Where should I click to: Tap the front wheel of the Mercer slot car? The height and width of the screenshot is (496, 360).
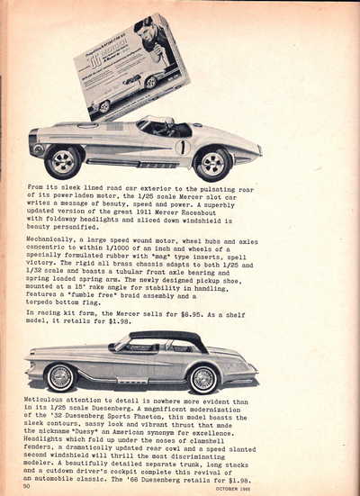pyautogui.click(x=211, y=163)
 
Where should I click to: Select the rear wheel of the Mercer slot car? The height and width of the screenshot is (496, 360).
pyautogui.click(x=63, y=161)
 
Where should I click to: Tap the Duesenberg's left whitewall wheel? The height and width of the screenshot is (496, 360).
pyautogui.click(x=60, y=375)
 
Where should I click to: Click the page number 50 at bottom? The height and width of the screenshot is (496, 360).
pyautogui.click(x=29, y=486)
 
